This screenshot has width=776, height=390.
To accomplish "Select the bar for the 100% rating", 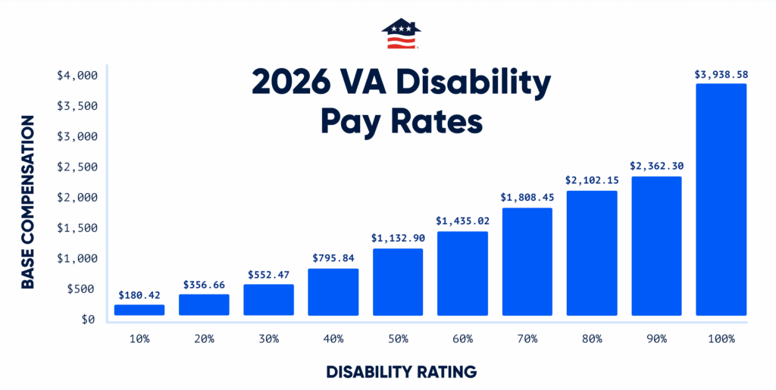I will coord(721,199).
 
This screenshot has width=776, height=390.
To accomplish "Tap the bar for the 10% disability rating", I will coord(139,310).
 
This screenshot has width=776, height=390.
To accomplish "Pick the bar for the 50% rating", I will coord(397,282).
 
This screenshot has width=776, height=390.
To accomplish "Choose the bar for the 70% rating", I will coord(527,261).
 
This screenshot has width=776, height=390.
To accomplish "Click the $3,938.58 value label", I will coord(721,74).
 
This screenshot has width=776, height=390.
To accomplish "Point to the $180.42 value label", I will coord(139,295).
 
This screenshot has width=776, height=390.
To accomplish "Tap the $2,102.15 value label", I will coord(591,180).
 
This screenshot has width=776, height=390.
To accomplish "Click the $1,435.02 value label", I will coord(462,221).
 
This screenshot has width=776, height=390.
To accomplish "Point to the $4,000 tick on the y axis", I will coord(77,75).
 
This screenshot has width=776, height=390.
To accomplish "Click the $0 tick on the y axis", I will coord(87,320).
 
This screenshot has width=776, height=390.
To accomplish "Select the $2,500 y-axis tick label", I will coord(77,167).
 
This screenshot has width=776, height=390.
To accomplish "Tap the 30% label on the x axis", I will coord(268,339).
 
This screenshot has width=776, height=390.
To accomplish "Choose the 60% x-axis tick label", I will coord(462,339).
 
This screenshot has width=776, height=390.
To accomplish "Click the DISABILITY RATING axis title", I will coord(401,372).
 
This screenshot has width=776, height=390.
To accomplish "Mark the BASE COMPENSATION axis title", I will coord(27,201).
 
